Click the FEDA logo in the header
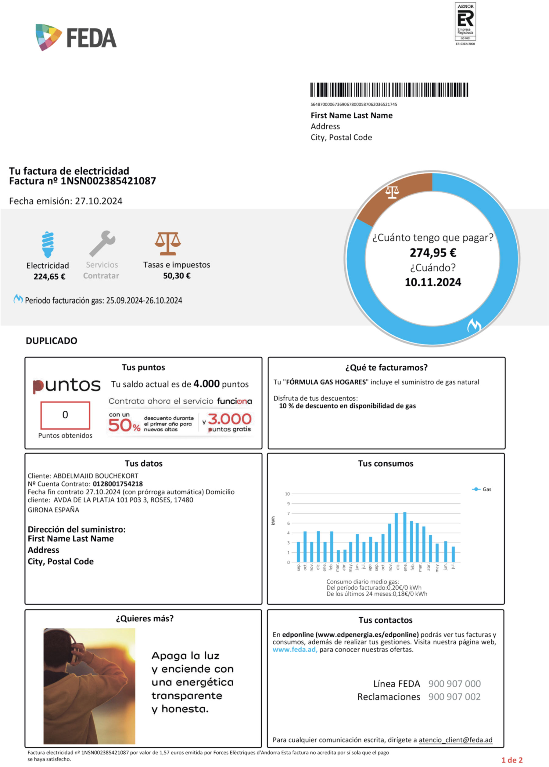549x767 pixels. [x=76, y=37]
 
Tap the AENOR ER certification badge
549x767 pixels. [x=465, y=24]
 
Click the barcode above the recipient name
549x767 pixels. [x=389, y=90]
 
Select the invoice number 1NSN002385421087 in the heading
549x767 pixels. [x=108, y=181]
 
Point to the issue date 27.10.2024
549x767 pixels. [x=99, y=201]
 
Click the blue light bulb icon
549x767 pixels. [x=48, y=245]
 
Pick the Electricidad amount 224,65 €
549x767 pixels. [x=49, y=277]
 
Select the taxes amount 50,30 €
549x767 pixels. [x=177, y=276]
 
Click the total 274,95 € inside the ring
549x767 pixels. [x=433, y=253]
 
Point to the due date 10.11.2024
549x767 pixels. [x=433, y=282]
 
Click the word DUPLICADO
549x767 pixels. [x=51, y=341]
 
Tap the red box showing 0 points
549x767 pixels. [x=65, y=415]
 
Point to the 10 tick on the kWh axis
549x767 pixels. [x=287, y=494]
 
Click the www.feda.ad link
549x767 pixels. [x=295, y=650]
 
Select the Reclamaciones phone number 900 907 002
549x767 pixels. [x=454, y=697]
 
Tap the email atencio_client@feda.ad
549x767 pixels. [x=455, y=740]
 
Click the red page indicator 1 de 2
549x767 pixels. [x=512, y=760]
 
